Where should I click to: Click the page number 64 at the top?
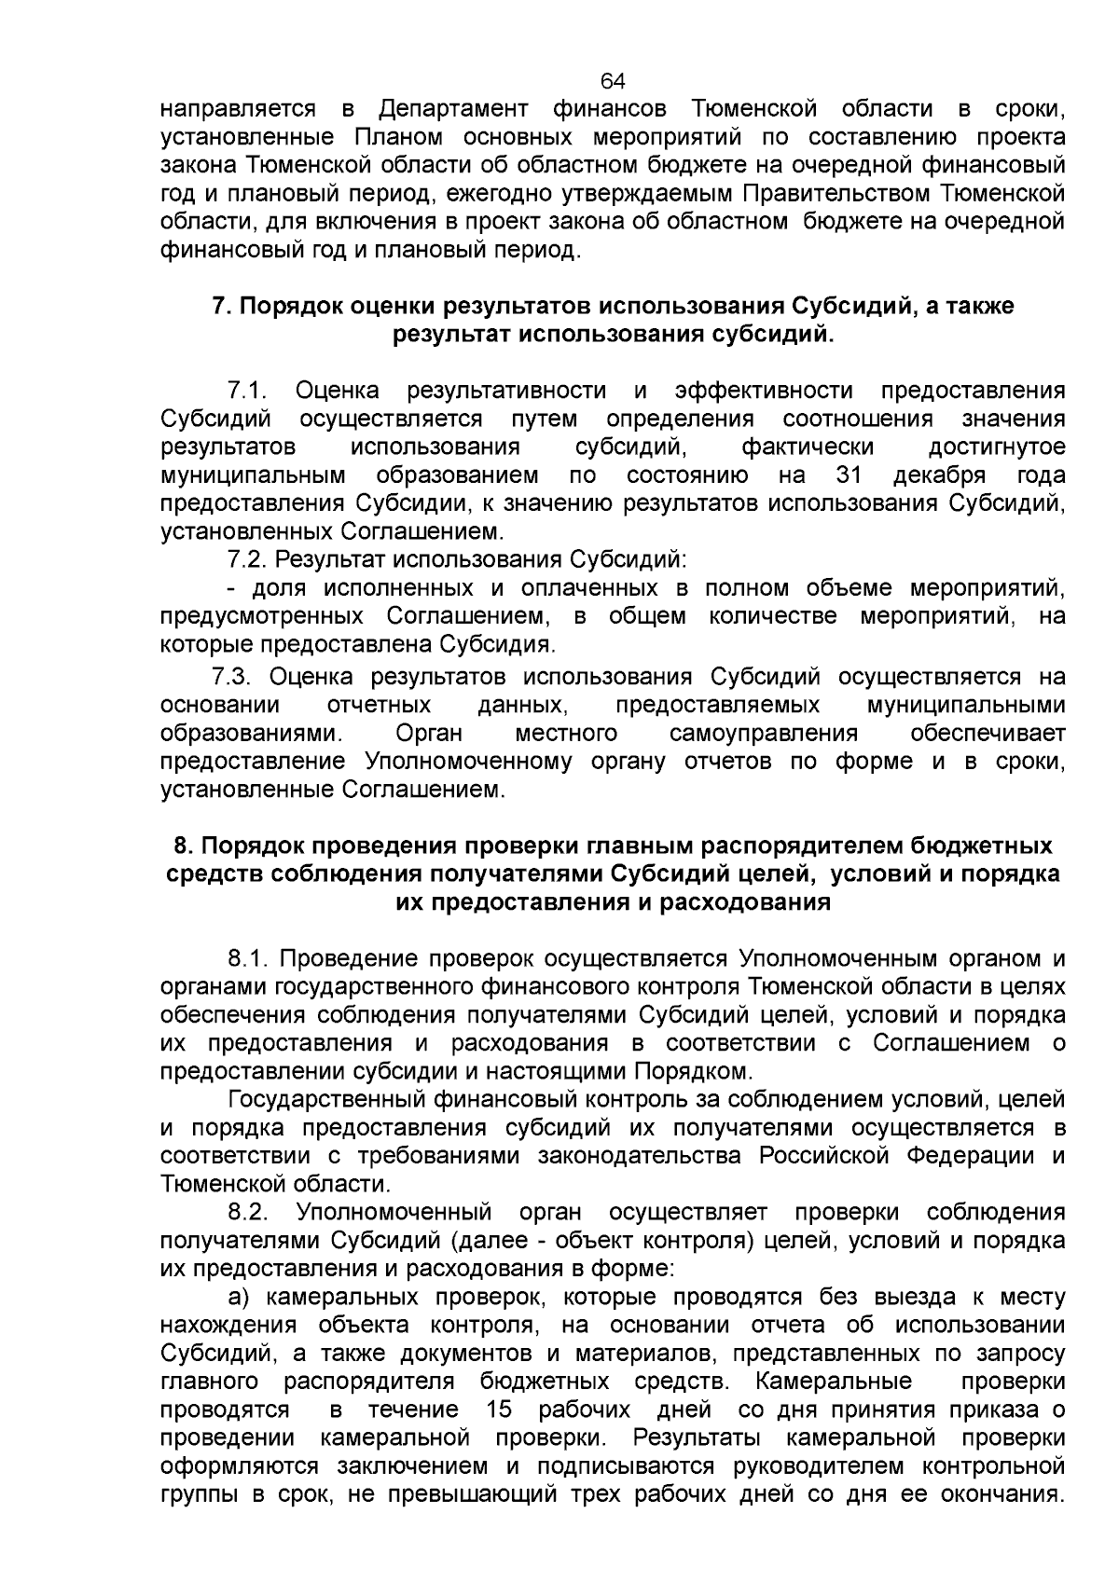click(613, 80)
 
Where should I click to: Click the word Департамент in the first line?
click(450, 109)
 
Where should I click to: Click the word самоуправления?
click(763, 733)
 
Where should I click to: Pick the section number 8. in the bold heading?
click(183, 846)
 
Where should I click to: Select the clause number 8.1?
click(249, 958)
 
